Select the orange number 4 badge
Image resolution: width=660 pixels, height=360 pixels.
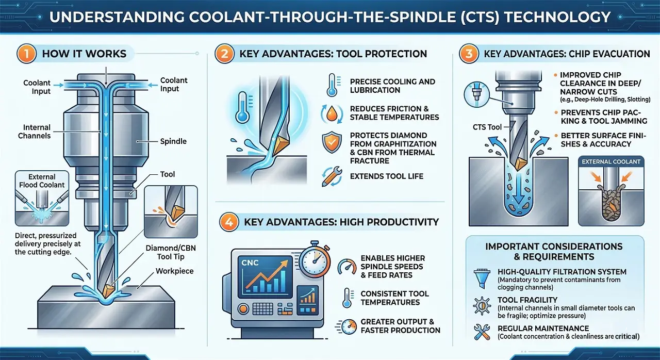coord(228,222)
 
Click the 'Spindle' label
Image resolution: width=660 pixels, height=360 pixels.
coord(173,141)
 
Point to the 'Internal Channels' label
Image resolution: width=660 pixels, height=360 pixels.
coord(37,132)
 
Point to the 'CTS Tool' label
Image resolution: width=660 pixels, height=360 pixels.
coord(487,127)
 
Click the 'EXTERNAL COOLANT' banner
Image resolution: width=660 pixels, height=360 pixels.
coord(611,161)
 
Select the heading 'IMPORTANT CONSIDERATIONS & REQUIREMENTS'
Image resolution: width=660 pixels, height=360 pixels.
coord(554,251)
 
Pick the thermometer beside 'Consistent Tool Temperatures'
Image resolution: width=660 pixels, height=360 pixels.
coord(344,298)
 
